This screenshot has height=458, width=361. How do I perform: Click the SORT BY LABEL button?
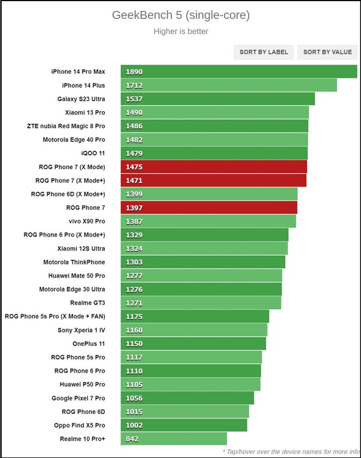pyautogui.click(x=264, y=52)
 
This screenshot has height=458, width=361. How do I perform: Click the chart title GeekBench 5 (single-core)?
pyautogui.click(x=181, y=15)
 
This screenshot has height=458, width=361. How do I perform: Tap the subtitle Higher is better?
pyautogui.click(x=181, y=31)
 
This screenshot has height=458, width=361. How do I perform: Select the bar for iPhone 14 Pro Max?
pyautogui.click(x=239, y=72)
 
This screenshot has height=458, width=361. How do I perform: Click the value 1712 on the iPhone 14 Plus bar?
pyautogui.click(x=134, y=85)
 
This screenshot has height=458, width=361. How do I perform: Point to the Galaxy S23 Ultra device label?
pyautogui.click(x=81, y=99)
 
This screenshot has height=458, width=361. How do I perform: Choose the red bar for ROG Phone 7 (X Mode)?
pyautogui.click(x=214, y=167)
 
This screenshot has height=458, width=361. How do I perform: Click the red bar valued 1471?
pyautogui.click(x=214, y=180)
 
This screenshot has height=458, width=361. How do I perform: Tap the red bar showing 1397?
pyautogui.click(x=209, y=207)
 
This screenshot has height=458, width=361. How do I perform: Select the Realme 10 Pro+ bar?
pyautogui.click(x=174, y=439)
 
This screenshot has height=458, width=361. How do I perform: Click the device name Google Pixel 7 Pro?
pyautogui.click(x=79, y=398)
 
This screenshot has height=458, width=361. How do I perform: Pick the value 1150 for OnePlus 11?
pyautogui.click(x=134, y=343)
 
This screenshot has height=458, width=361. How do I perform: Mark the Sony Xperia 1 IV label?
pyautogui.click(x=81, y=330)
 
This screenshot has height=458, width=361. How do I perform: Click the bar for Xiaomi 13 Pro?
pyautogui.click(x=215, y=112)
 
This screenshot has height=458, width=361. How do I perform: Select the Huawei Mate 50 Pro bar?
pyautogui.click(x=201, y=275)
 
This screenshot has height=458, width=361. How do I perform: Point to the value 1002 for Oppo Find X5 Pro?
pyautogui.click(x=134, y=425)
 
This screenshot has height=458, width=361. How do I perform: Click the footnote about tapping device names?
pyautogui.click(x=291, y=452)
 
